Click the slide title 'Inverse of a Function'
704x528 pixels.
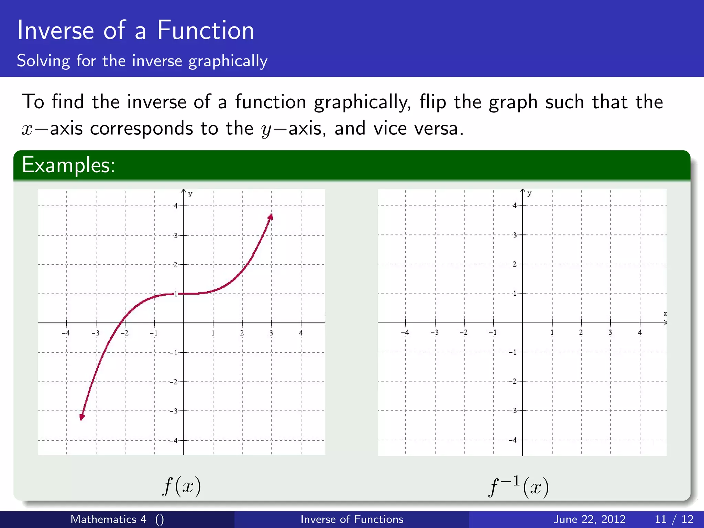pos(135,30)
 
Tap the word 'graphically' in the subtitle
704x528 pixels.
pos(228,61)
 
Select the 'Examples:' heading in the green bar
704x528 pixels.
pos(68,165)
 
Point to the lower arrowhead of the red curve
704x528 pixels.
pos(82,417)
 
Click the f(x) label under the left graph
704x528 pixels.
pos(181,486)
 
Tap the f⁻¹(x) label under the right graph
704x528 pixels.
pos(518,486)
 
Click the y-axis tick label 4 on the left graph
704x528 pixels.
pos(176,206)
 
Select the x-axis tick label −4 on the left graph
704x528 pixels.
pos(66,333)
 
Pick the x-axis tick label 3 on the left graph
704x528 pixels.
pos(271,333)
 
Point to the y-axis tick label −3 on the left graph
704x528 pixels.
pos(174,411)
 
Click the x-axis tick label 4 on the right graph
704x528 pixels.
pos(640,332)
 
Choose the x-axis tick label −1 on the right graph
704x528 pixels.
pos(493,332)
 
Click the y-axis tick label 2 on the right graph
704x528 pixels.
pos(515,264)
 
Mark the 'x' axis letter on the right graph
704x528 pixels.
pos(665,313)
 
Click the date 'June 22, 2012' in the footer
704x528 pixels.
pos(589,519)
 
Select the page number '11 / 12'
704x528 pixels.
pos(674,519)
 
